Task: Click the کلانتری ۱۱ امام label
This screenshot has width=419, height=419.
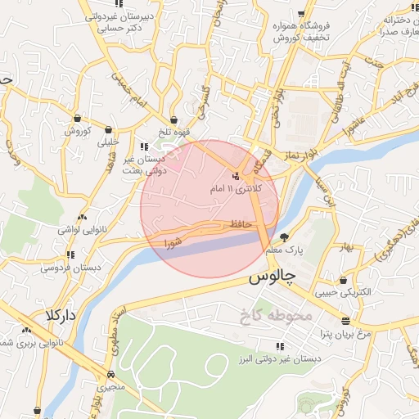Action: click(236, 189)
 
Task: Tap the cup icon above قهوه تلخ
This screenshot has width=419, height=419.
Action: click(173, 120)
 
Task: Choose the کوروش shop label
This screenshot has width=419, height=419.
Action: click(81, 130)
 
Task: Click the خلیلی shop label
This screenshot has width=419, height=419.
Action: click(107, 142)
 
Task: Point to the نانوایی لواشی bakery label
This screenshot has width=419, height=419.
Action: click(79, 230)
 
